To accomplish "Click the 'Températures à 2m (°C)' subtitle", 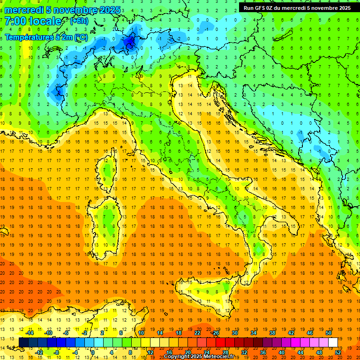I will click(46, 37).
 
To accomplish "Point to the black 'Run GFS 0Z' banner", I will click(297, 7).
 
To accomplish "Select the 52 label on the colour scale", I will click(338, 352).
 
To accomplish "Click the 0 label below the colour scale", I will click(93, 352).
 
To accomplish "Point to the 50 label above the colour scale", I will click(329, 333).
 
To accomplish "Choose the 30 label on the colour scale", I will click(235, 333).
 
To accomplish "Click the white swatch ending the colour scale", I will click(333, 342).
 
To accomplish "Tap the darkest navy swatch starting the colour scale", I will click(24, 342).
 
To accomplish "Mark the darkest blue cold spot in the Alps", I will click(130, 43).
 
